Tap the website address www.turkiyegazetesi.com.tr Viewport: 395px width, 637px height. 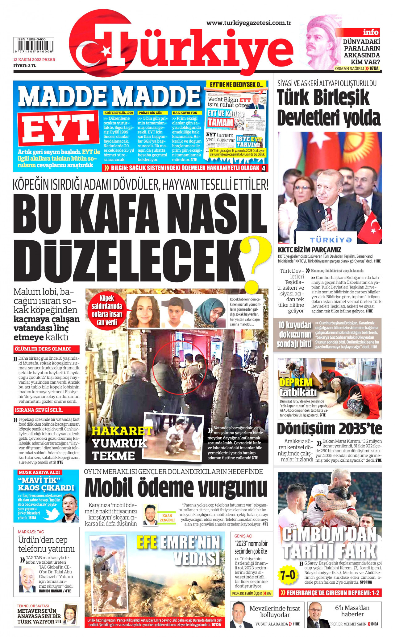[249, 23]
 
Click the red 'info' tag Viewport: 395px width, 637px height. [370, 32]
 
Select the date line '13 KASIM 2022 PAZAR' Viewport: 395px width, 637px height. [34, 59]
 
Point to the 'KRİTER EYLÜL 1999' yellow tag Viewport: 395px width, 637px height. [119, 113]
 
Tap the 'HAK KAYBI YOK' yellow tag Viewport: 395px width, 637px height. [185, 113]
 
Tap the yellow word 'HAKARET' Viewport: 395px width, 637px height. [122, 431]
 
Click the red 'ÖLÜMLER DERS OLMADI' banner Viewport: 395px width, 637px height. [46, 349]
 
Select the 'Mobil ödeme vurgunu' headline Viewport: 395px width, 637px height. [176, 488]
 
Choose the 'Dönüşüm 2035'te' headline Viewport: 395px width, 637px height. [329, 429]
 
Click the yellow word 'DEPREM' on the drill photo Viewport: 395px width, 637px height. [296, 382]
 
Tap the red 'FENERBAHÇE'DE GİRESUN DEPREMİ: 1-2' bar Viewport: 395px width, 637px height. [330, 593]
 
